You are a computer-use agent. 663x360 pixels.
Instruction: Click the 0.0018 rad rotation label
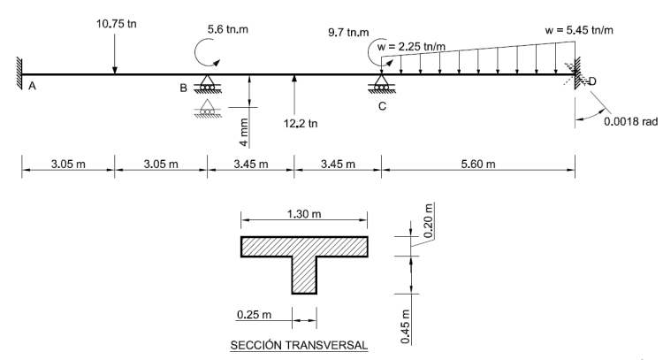629,123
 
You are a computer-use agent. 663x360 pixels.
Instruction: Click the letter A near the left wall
33,87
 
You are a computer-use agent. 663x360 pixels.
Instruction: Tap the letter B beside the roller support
183,87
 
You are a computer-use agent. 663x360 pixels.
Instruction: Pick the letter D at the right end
591,82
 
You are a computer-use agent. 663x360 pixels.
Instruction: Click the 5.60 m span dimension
478,165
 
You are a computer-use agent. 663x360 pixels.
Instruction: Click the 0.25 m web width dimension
257,312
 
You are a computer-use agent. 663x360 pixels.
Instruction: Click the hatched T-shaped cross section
304,257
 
